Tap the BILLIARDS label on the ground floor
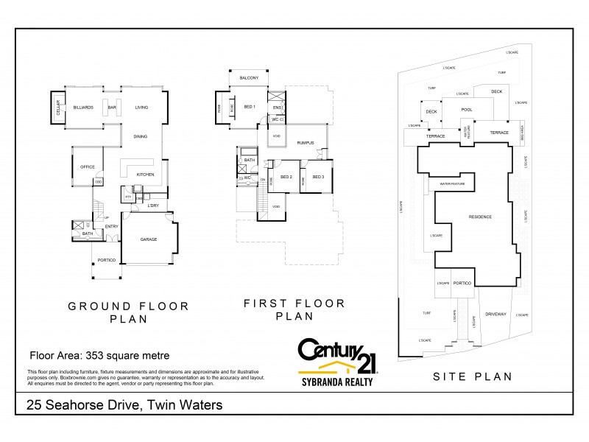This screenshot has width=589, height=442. coord(82,108)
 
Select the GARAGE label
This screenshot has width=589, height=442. coord(149,239)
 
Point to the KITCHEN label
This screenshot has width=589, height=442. coord(144,174)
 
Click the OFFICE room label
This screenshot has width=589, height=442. coord(88,166)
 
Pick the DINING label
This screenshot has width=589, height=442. coord(140,136)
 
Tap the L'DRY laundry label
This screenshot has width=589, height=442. coord(153,205)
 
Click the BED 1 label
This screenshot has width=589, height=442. coord(249,107)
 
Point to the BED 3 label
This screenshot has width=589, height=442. coord(318,177)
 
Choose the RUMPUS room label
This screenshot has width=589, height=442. coord(306,142)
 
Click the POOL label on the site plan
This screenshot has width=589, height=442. coord(466,109)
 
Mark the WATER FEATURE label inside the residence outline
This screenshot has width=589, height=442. coord(454,183)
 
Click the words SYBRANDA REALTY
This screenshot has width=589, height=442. coord(335,382)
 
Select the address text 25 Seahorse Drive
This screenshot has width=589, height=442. coord(80,404)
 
